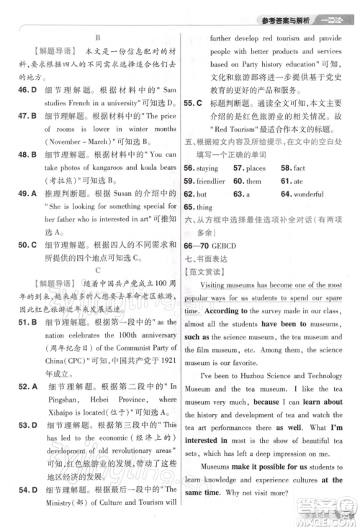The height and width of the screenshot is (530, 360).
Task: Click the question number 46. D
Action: (27, 89)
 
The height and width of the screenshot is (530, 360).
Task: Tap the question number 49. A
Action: (27, 192)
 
